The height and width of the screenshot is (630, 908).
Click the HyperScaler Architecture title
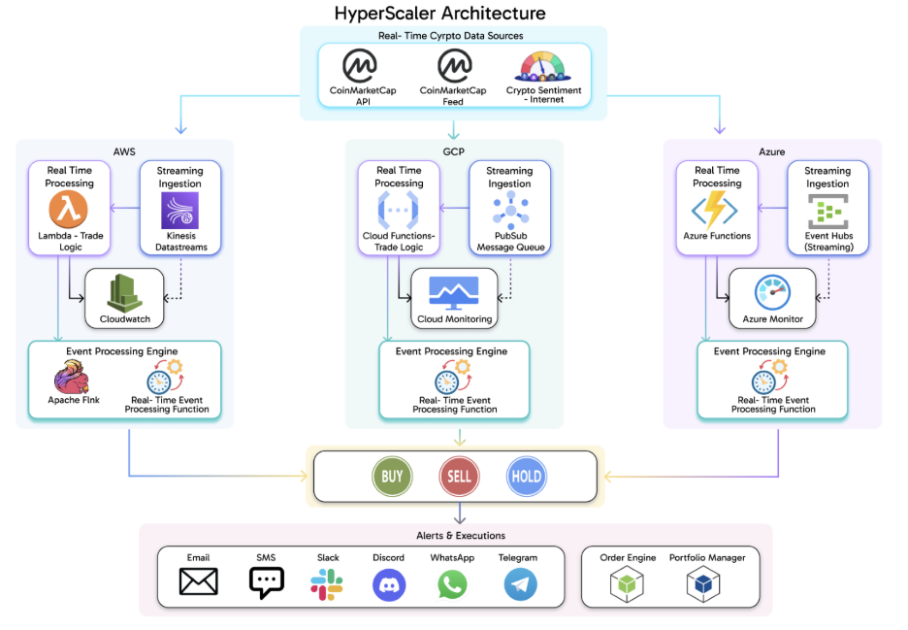point(439,14)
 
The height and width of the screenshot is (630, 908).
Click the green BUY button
point(392,477)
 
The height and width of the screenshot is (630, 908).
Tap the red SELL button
point(458,477)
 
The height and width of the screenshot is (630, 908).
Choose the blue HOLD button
point(526,477)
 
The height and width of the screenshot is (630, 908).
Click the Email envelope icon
point(199,582)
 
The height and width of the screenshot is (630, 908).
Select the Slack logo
point(327,583)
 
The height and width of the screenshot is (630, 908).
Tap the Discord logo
point(389,583)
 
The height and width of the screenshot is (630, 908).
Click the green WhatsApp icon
point(452,583)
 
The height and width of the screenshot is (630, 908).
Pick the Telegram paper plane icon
point(520,583)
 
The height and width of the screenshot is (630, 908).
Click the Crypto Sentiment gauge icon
point(543,68)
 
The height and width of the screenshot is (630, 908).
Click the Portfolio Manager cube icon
point(707,583)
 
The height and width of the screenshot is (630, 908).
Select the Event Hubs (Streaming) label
point(827,241)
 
